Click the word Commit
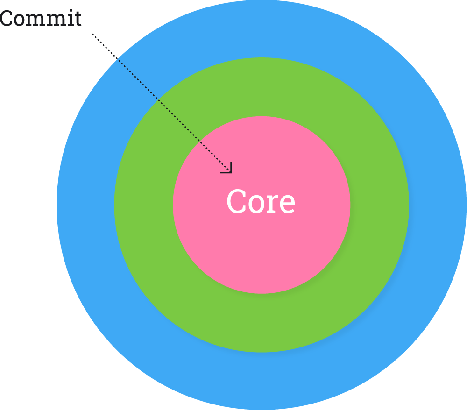pos(41,19)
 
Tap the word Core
pos(261,202)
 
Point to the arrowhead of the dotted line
pos(229,170)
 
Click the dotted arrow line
pos(159,100)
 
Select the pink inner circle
pos(262,252)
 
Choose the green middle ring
pos(262,322)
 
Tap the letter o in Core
pos(256,204)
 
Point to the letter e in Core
pos(287,204)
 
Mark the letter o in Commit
pos(19,20)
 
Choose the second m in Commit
pos(53,20)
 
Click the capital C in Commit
pos(6,19)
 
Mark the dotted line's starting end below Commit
pos(92,34)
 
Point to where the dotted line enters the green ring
pos(157,99)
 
